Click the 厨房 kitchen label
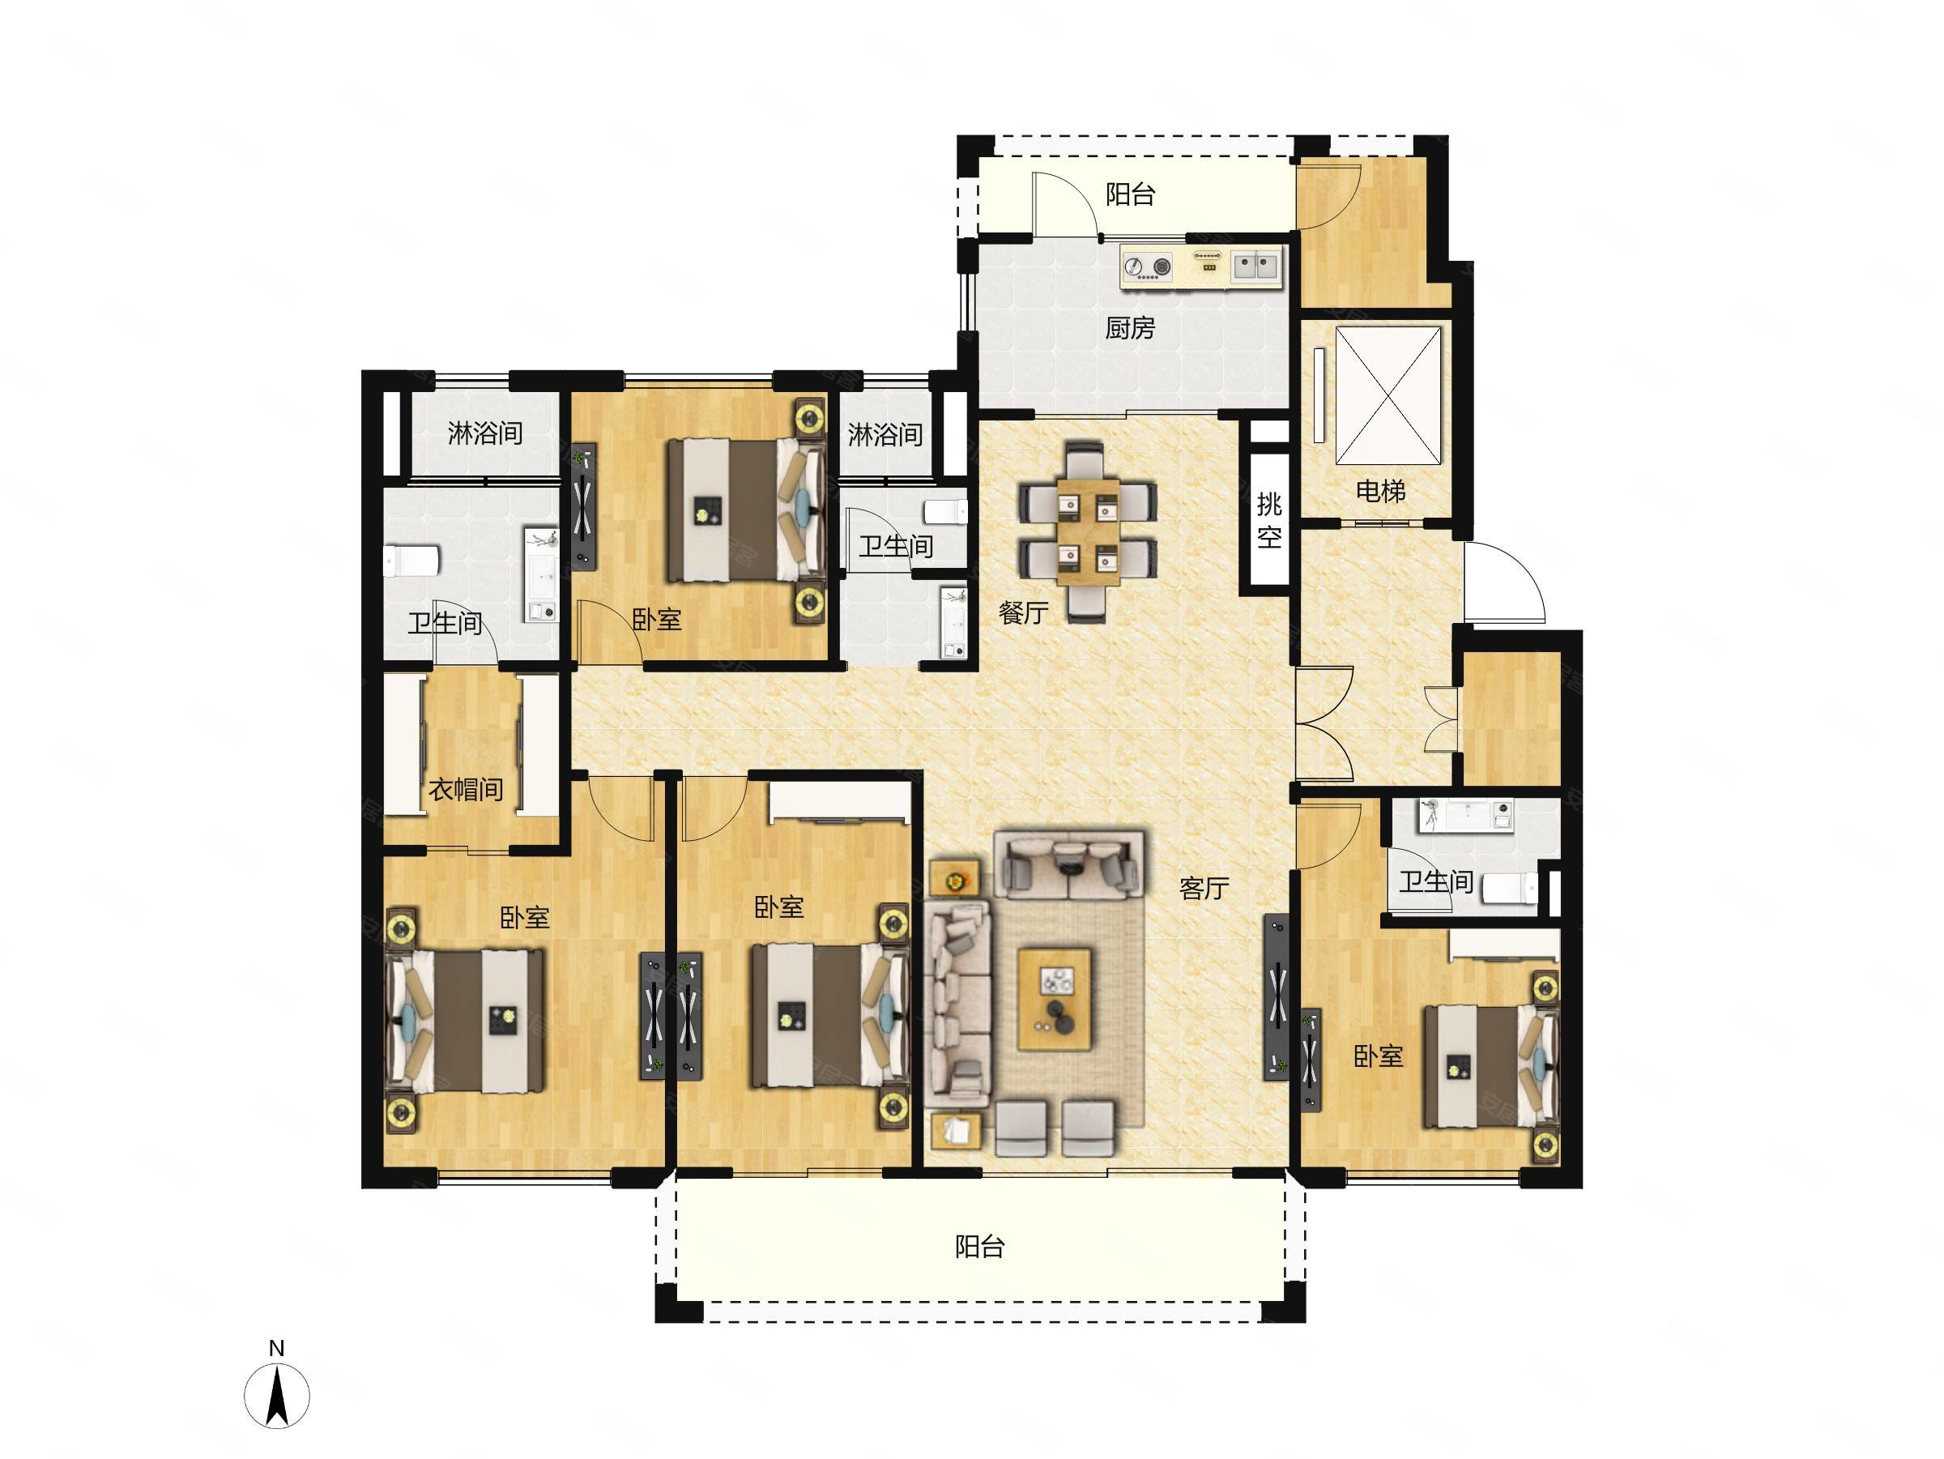(x=1129, y=328)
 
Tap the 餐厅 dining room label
(x=1024, y=612)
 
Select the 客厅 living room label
(x=1203, y=889)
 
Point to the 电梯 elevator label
(x=1381, y=490)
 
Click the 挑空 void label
(x=1269, y=521)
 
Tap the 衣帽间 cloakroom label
(x=466, y=789)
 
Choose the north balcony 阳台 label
(x=1129, y=194)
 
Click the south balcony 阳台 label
(x=980, y=1246)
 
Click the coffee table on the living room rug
(x=1055, y=998)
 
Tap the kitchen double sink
(x=1255, y=266)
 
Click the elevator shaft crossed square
(x=1388, y=395)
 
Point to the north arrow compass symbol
(x=277, y=1397)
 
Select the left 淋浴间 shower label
(x=485, y=433)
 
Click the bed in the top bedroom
(x=747, y=510)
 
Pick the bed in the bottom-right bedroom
(x=1490, y=1066)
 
